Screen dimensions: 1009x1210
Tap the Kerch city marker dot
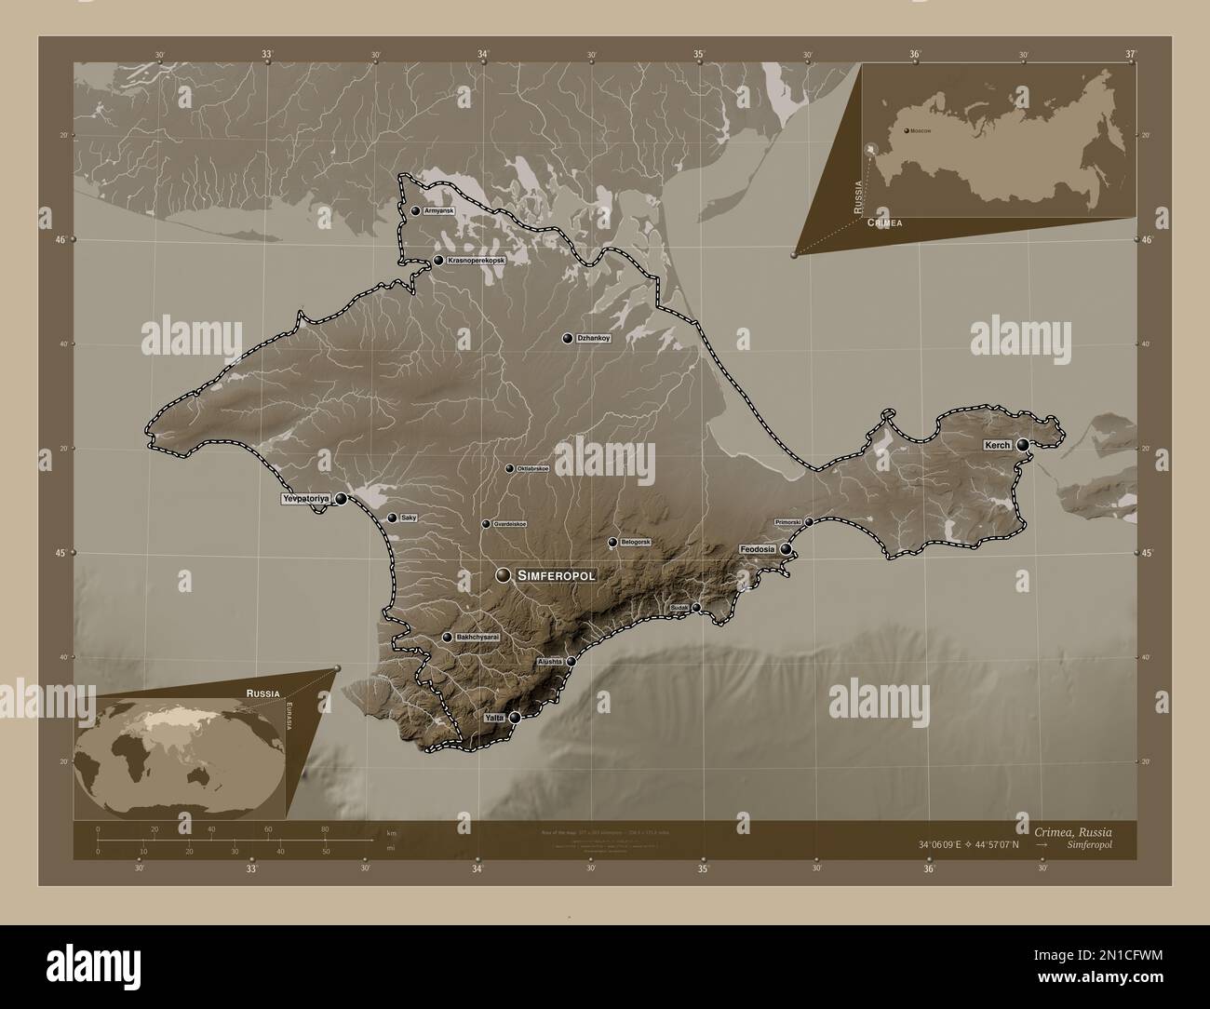[x=1023, y=445]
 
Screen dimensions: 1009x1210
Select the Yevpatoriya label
[x=306, y=500]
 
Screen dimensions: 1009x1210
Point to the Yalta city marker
[x=515, y=718]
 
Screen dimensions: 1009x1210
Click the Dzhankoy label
[x=594, y=338]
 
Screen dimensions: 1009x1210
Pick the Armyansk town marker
[x=415, y=211]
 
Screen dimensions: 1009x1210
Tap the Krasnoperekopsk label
[x=476, y=261]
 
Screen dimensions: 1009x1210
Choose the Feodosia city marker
[x=786, y=549]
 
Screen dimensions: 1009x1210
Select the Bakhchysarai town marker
[x=448, y=638]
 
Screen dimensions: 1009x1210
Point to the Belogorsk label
[x=636, y=542]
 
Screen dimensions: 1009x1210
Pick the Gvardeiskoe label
[x=510, y=524]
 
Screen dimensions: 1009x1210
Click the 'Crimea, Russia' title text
[x=1070, y=829]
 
